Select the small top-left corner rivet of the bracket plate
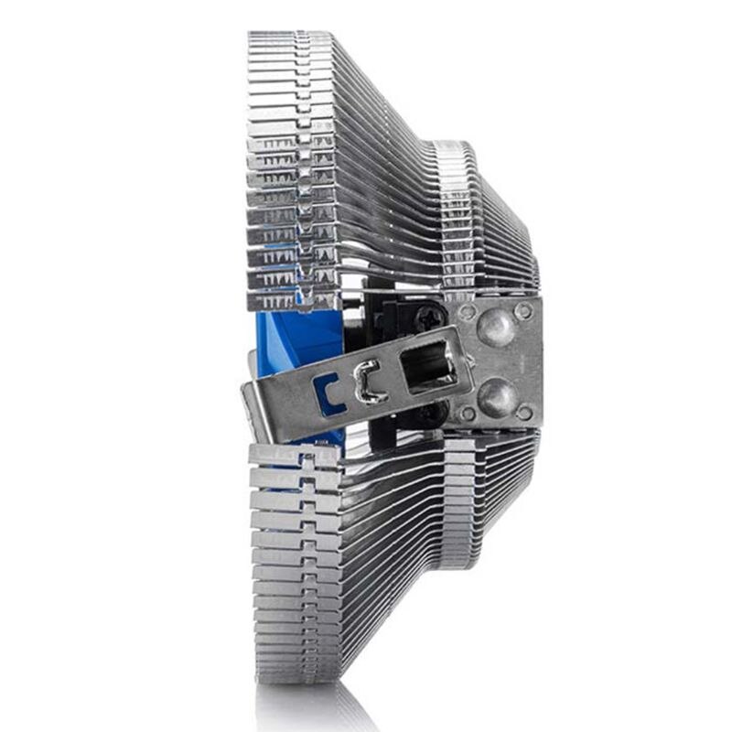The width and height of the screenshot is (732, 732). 467,312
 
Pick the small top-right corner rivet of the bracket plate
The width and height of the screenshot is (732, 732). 524,311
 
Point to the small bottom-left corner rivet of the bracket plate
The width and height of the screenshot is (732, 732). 467,414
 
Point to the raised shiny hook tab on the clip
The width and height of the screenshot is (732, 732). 367,382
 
